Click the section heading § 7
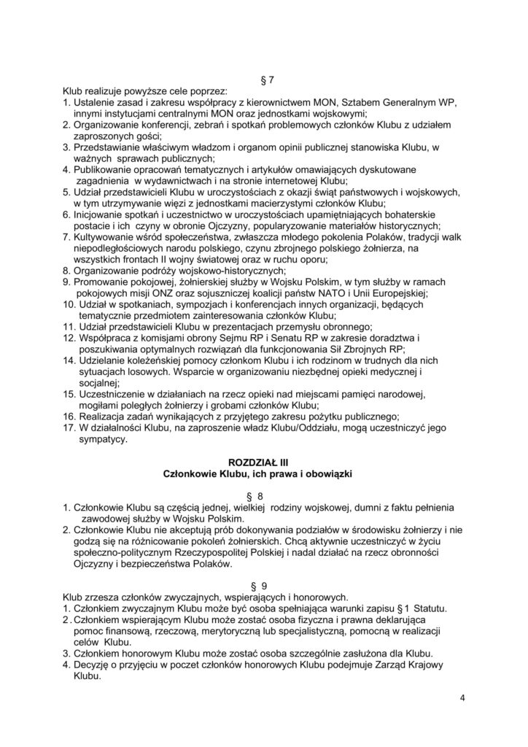click(264, 78)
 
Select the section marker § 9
click(264, 586)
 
